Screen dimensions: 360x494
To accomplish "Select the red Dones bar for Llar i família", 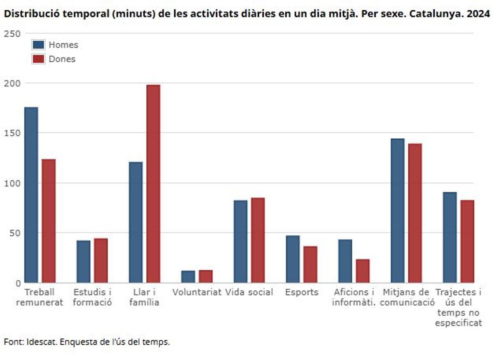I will pos(153,183).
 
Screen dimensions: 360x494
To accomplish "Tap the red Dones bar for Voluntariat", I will pos(205,276).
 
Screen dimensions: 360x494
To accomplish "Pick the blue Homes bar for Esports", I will pos(293,259).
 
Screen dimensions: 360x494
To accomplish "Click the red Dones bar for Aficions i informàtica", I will pos(363,271).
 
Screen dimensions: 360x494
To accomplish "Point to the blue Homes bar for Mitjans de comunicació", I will pos(397,210).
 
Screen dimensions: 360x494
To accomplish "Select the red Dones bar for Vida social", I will pos(258,240).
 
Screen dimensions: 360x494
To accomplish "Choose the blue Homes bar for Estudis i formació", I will pos(83,261).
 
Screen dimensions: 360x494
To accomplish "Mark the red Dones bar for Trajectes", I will pos(467,241).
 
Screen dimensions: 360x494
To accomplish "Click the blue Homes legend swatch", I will pos(38,45).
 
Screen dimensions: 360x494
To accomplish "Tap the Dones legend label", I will pos(62,59).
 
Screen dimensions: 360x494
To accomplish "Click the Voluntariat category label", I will pos(197,293).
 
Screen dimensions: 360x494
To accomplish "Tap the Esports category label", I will pos(302,293).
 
